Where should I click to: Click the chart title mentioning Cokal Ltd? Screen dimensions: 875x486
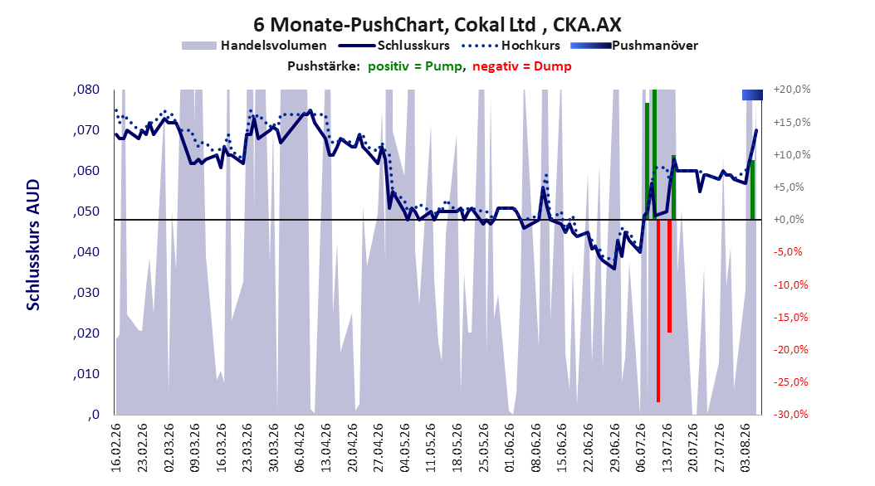[437, 25]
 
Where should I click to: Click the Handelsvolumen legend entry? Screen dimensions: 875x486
[255, 46]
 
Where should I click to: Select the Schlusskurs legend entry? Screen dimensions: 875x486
[394, 46]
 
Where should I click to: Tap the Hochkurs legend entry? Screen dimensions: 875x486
[511, 46]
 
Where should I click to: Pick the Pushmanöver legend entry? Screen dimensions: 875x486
[634, 46]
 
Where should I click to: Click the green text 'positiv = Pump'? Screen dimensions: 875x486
[415, 66]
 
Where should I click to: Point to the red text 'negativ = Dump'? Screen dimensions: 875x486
[522, 66]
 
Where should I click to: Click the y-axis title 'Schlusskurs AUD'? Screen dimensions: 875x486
[33, 245]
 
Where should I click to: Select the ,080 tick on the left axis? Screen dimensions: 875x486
[86, 90]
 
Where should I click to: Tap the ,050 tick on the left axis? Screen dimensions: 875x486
[86, 211]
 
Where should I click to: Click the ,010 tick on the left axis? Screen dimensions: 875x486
[86, 374]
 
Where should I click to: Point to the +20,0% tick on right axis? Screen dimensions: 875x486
[793, 90]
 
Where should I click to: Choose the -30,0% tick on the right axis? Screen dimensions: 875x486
[791, 414]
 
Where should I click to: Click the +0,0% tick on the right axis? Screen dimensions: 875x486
[789, 220]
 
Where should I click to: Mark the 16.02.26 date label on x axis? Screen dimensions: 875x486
[116, 448]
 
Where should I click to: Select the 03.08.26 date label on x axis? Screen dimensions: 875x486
[745, 448]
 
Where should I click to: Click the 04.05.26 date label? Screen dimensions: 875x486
[405, 448]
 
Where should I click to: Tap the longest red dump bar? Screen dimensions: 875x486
[658, 310]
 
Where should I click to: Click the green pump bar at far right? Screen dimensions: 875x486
[752, 190]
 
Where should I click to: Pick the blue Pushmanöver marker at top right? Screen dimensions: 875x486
[752, 95]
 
